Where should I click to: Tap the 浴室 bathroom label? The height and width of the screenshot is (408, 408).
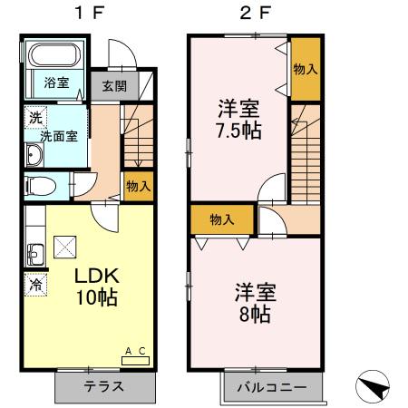(x=56, y=83)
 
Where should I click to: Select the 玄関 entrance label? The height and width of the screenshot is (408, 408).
(x=113, y=86)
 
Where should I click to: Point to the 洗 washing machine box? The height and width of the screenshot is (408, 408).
(x=34, y=117)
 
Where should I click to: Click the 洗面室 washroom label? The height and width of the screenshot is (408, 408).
(x=56, y=137)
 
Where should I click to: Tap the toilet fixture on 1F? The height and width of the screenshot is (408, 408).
(x=40, y=187)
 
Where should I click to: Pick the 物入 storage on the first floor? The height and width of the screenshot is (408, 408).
(x=138, y=187)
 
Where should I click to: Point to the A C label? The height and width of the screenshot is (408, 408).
(x=134, y=351)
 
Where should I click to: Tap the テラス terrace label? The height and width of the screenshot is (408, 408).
(x=103, y=386)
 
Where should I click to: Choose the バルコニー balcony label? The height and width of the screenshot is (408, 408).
(x=271, y=387)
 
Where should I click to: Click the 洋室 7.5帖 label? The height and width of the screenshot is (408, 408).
(x=238, y=119)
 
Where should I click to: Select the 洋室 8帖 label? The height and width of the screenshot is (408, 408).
(x=256, y=304)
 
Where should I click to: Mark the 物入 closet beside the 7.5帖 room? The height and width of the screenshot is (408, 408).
(x=305, y=69)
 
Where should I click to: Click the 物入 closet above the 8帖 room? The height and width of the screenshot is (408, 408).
(x=222, y=219)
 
